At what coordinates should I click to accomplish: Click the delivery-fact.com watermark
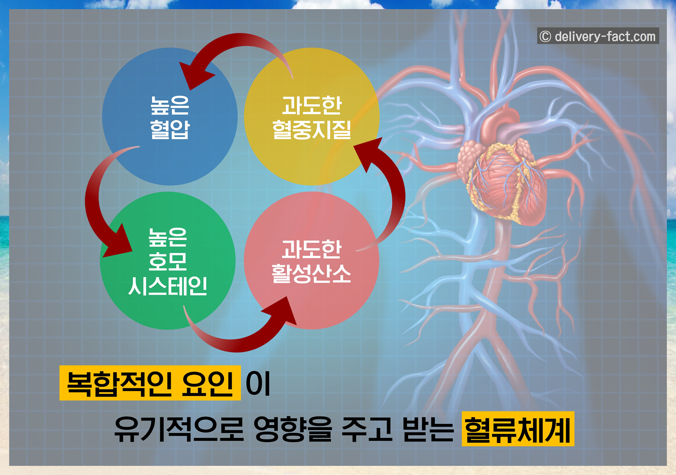[x=605, y=37]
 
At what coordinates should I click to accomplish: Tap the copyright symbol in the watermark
[x=545, y=37]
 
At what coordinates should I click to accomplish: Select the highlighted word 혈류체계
[x=518, y=429]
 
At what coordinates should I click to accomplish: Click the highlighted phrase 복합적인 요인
[x=150, y=383]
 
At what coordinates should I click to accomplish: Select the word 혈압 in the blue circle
[x=170, y=129]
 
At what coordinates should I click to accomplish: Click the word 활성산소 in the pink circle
[x=311, y=274]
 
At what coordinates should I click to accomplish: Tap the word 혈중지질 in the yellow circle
[x=312, y=130]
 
